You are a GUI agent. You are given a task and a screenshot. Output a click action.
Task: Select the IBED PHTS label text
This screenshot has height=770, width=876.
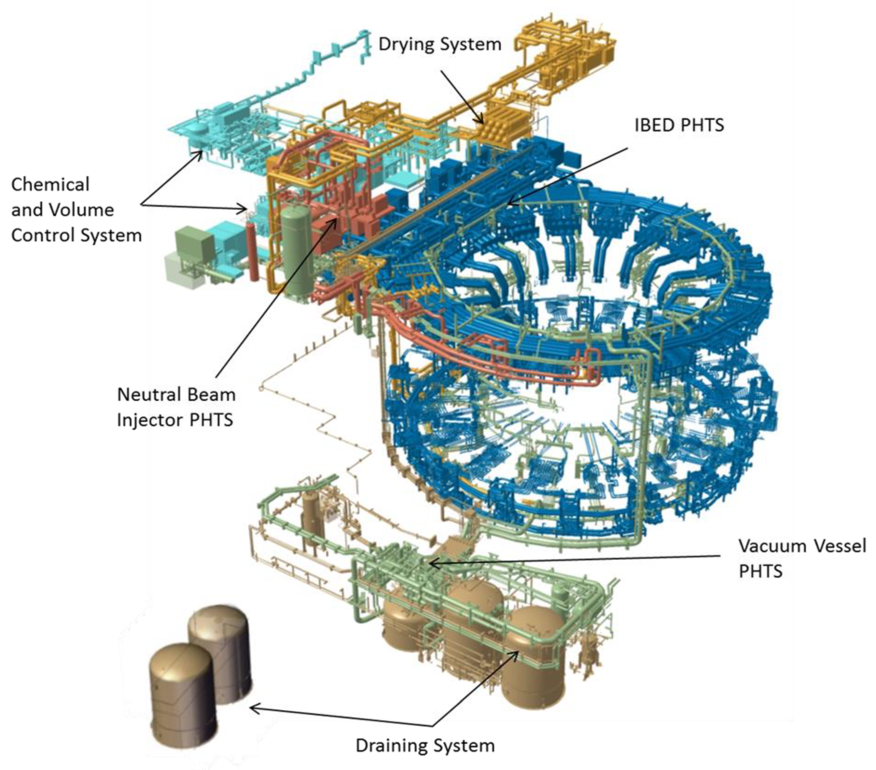(x=679, y=125)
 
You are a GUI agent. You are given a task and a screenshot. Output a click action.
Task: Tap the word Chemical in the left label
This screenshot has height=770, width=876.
(x=50, y=185)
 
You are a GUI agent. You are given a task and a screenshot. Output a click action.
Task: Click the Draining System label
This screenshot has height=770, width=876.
(x=425, y=746)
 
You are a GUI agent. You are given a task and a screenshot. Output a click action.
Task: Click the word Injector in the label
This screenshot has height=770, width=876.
(x=150, y=420)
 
